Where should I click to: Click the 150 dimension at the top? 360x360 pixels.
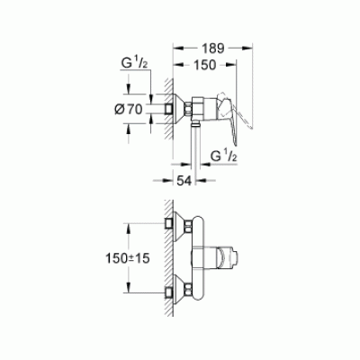[209, 66]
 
